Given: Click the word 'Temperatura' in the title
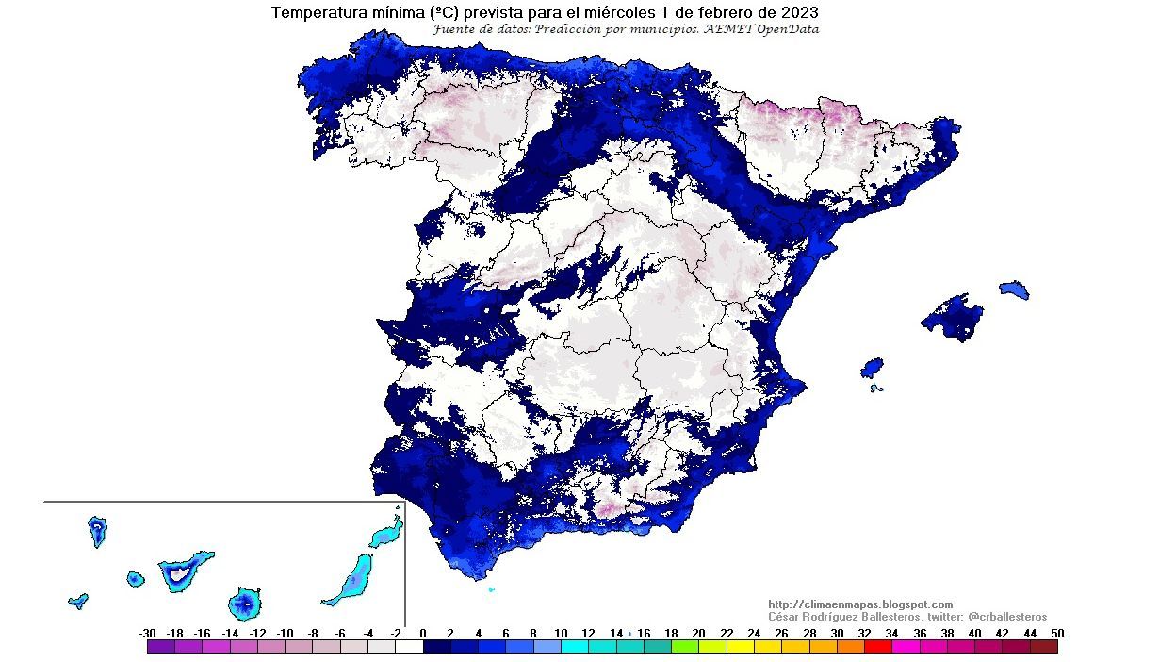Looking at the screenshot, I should (x=316, y=13).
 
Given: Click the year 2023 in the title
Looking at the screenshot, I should (x=797, y=13).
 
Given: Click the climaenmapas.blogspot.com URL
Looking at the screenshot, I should (x=860, y=604).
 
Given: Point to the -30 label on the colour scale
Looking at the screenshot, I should (x=147, y=633).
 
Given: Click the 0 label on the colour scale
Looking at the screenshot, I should (x=423, y=633).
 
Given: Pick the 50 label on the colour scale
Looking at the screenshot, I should (x=1057, y=633).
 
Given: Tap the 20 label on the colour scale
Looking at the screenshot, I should (x=698, y=633).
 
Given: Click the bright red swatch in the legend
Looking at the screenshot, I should (x=877, y=647).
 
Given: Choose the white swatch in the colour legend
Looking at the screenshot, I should (x=409, y=647).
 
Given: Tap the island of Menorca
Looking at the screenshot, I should (x=1014, y=289).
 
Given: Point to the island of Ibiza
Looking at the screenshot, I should (x=873, y=367).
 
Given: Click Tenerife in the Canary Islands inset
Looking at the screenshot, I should (x=184, y=571).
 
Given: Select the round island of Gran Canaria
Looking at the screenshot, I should (x=245, y=603).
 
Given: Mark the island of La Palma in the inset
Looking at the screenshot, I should (x=97, y=530).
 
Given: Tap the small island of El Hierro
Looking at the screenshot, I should (x=78, y=600).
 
